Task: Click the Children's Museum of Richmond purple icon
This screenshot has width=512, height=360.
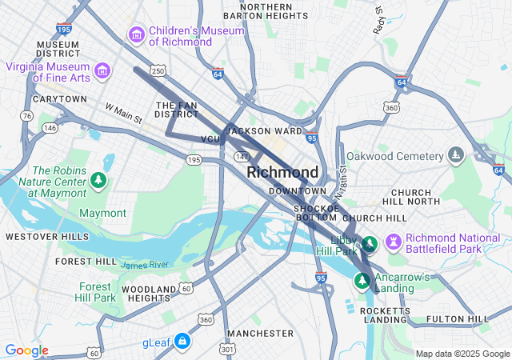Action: [136, 35]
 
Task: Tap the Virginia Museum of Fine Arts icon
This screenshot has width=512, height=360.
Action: [102, 72]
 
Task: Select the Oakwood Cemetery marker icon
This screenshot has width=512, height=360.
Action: [456, 154]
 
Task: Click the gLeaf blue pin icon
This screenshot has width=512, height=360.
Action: [182, 342]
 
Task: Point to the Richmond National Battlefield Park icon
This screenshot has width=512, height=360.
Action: [393, 242]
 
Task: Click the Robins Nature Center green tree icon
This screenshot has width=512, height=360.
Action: [98, 180]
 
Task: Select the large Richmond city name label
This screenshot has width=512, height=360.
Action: [282, 172]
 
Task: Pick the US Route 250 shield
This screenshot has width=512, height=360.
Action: [158, 72]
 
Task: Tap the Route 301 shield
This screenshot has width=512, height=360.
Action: [228, 349]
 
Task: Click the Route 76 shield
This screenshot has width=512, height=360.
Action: [27, 116]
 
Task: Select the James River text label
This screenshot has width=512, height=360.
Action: [145, 264]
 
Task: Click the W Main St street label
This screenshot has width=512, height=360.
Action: [123, 113]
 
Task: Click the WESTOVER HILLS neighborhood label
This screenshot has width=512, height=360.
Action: [47, 237]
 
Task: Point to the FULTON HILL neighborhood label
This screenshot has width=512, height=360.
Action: [458, 319]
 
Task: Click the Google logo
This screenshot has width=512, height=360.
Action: [26, 350]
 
